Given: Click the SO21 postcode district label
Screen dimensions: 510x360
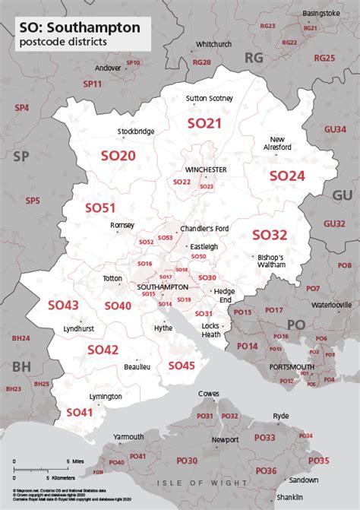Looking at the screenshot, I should pyautogui.click(x=204, y=122).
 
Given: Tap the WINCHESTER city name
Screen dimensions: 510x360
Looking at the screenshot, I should pyautogui.click(x=206, y=169).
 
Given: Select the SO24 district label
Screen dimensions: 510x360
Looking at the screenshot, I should pyautogui.click(x=287, y=176).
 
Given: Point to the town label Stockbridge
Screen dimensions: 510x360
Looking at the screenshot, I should pyautogui.click(x=136, y=131).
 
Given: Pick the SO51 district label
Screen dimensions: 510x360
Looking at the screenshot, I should pyautogui.click(x=99, y=207).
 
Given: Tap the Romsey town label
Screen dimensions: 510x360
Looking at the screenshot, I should pyautogui.click(x=122, y=225).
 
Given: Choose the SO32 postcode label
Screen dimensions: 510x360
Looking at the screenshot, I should pyautogui.click(x=270, y=235).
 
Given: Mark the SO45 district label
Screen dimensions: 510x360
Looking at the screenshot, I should pyautogui.click(x=182, y=366).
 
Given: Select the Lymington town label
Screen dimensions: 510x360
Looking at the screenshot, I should pyautogui.click(x=105, y=397).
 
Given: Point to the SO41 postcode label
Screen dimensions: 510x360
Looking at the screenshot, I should pyautogui.click(x=79, y=412).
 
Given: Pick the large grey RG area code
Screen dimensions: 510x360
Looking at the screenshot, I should pyautogui.click(x=253, y=57).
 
